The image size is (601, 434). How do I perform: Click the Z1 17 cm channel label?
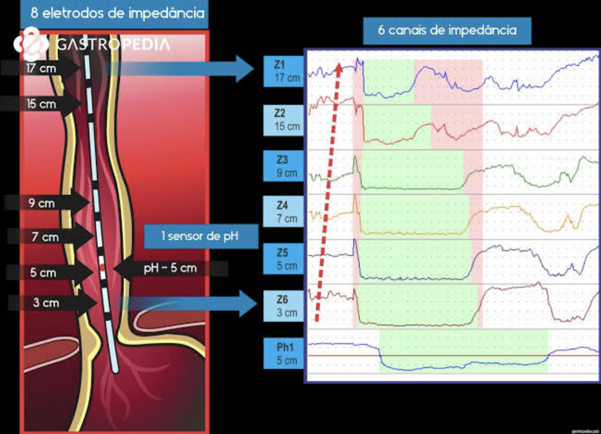click(284, 71)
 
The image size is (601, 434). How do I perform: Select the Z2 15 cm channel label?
click(284, 120)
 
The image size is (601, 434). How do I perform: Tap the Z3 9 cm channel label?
click(284, 166)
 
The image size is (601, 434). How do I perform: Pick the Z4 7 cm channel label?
click(284, 212)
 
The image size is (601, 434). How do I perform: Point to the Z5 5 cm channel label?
click(284, 259)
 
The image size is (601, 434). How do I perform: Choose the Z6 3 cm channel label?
click(284, 306)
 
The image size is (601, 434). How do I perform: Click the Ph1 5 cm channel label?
click(284, 353)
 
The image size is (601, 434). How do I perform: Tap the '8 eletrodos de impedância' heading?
click(115, 13)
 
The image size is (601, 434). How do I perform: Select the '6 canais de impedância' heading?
click(447, 30)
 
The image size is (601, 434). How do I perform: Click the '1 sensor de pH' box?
click(200, 236)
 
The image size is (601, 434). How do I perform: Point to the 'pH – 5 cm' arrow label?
click(170, 268)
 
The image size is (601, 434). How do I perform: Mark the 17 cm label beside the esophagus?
click(41, 69)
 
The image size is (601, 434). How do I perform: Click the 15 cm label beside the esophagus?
click(41, 104)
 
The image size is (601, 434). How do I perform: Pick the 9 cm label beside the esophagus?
click(41, 203)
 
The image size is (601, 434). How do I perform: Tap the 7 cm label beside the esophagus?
click(45, 236)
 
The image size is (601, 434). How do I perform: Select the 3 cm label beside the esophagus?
click(46, 302)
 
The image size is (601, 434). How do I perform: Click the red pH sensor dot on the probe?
click(102, 268)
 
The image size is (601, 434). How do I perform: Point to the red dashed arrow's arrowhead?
click(339, 69)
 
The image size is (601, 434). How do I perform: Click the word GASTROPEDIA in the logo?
click(113, 44)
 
